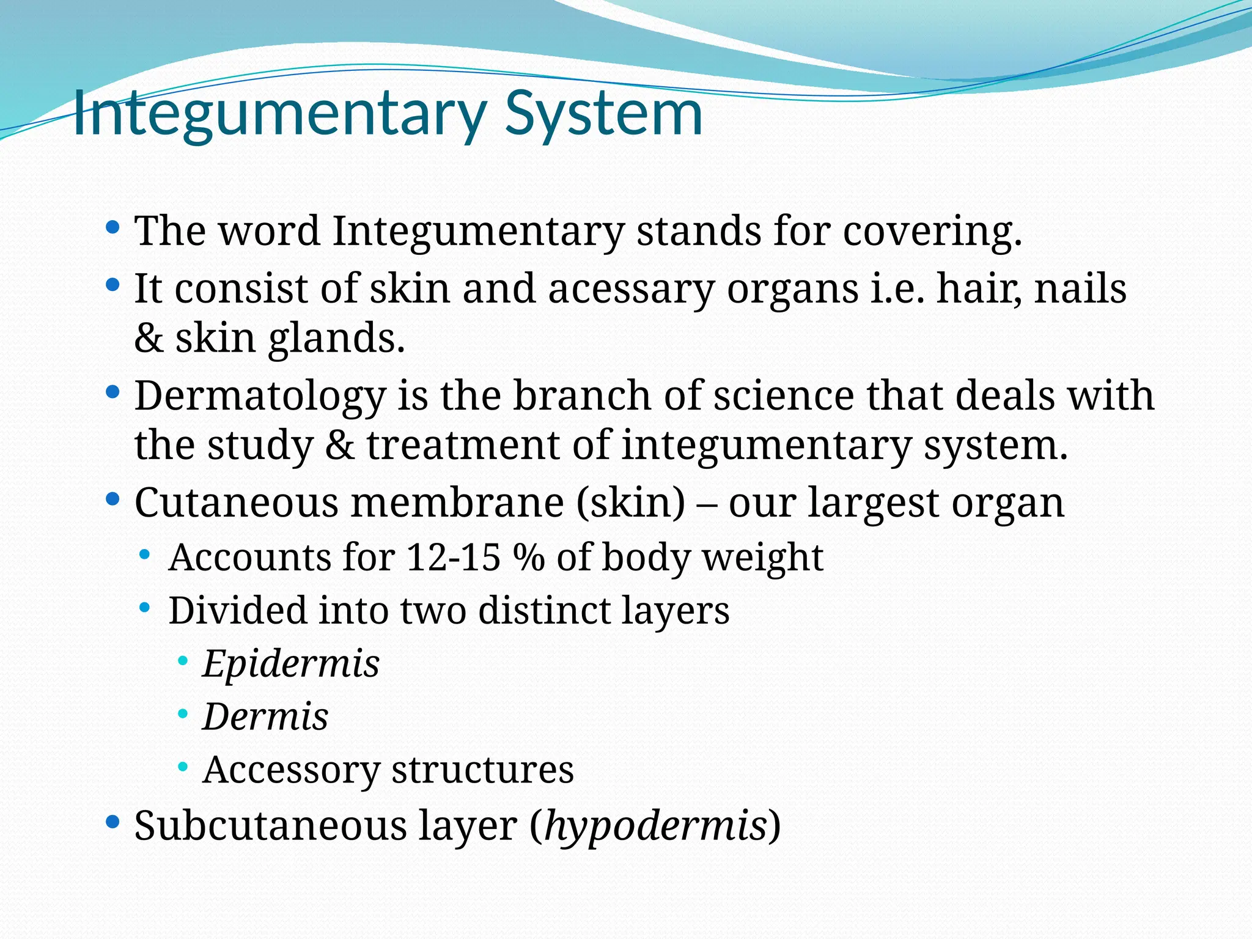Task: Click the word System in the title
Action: click(x=603, y=115)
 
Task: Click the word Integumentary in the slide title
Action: click(x=278, y=115)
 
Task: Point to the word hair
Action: click(x=978, y=289)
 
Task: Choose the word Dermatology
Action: click(x=260, y=396)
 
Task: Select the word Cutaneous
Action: click(x=236, y=503)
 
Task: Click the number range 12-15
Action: click(x=453, y=558)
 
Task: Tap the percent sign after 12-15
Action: click(x=528, y=558)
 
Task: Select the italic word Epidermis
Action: click(x=291, y=664)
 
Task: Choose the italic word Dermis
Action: click(x=265, y=716)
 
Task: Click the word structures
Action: click(x=482, y=770)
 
